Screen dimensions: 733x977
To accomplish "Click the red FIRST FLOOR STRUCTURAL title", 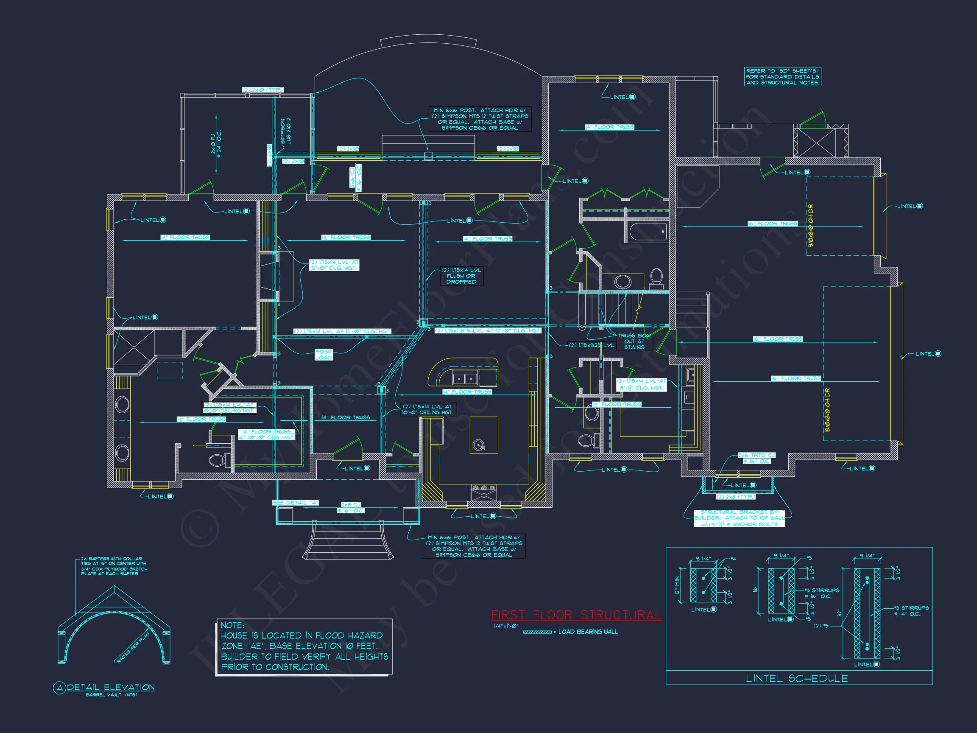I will point(575,615).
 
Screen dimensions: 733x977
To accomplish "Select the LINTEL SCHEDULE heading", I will point(797,678).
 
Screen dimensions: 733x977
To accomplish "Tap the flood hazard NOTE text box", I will point(304,646).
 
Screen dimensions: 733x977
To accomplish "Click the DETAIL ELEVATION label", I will point(110,687).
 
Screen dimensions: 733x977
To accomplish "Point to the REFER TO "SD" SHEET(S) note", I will point(782,76).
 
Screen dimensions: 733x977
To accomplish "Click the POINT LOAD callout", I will point(323,354).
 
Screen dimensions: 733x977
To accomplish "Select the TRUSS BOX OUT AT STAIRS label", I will point(634,341).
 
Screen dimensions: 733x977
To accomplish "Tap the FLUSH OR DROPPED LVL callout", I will point(461,276).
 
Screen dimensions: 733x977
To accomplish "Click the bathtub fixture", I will point(648,232).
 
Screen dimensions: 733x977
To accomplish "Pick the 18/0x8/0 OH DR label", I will point(827,411).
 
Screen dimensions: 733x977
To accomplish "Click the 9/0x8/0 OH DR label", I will point(810,225).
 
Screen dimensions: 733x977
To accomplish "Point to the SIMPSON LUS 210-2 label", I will point(285,131).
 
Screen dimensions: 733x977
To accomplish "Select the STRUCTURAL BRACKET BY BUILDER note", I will point(739,518).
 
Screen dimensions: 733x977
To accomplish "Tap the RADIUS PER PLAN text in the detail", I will point(133,647).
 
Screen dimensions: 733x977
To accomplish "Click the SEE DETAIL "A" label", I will point(295,503).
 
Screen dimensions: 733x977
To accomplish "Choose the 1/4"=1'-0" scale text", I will point(506,626).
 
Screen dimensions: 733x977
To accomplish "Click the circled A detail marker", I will point(59,688).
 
